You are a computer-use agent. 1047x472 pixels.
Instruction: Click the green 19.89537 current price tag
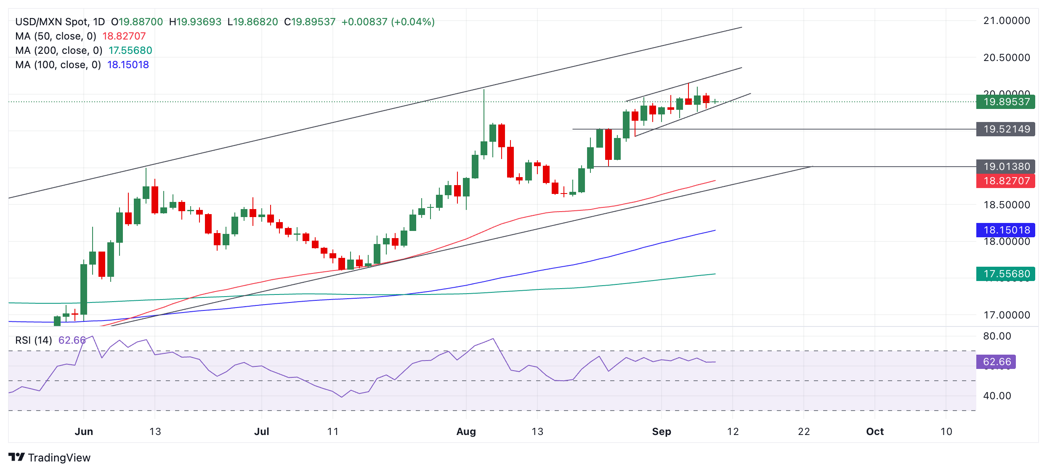[1005, 102]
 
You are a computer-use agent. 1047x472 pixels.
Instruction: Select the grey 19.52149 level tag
[1005, 129]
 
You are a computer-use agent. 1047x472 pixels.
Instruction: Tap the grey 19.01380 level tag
[1005, 167]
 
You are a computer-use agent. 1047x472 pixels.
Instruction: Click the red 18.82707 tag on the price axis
[1005, 181]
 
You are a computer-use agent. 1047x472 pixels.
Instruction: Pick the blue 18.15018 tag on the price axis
[1005, 230]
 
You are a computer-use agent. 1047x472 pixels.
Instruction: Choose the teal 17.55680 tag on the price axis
[1005, 274]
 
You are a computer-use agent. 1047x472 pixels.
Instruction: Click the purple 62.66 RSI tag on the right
[996, 362]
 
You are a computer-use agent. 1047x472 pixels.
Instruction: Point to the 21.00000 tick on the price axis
[1007, 21]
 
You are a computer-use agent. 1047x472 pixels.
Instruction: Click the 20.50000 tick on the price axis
[1007, 58]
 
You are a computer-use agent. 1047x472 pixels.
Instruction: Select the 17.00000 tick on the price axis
[1007, 315]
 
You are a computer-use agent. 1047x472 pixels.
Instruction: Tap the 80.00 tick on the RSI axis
[997, 336]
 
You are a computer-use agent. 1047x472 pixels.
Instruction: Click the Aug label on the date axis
[466, 432]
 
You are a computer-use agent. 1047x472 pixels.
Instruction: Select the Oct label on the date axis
[875, 432]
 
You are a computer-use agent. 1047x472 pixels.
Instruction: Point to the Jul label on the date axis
[262, 432]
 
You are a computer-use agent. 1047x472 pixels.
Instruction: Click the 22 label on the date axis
[804, 432]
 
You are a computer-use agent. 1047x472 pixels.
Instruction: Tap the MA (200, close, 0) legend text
[59, 50]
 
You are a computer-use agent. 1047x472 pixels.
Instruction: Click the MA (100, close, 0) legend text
[58, 65]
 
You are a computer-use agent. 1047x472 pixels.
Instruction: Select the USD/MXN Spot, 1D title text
[60, 22]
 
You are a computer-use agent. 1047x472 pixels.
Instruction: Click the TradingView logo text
[59, 458]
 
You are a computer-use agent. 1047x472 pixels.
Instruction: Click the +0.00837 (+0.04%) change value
[388, 22]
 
